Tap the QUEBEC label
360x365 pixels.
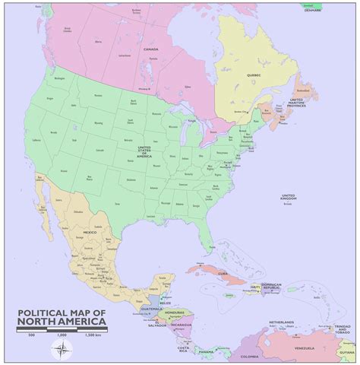point(253,75)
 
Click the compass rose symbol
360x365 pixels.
point(62,349)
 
